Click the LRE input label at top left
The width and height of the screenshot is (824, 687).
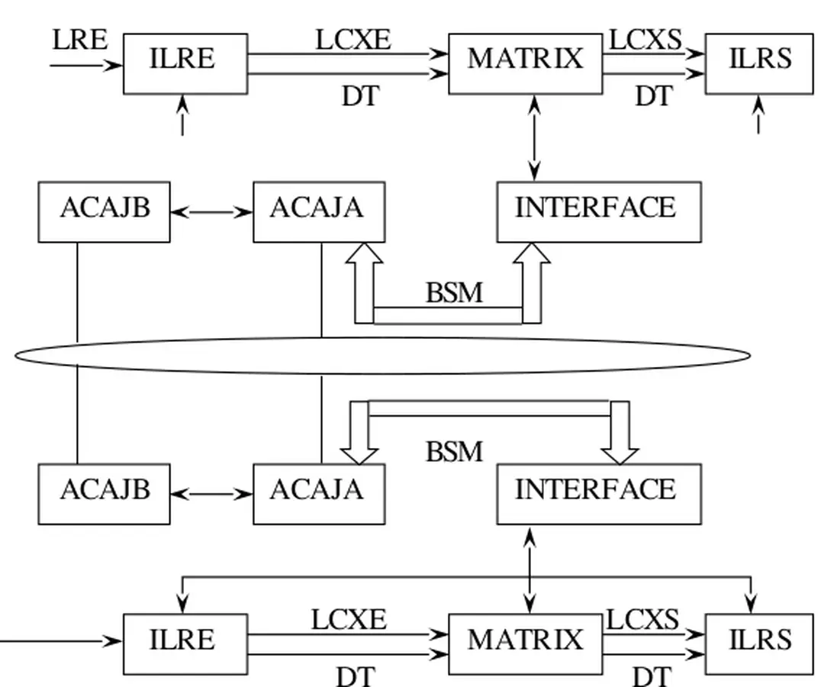[79, 40]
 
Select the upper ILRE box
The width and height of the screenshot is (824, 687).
[185, 63]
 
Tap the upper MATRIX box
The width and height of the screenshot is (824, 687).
[525, 63]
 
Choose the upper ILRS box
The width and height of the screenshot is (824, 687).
[759, 63]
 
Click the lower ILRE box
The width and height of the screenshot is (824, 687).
[185, 643]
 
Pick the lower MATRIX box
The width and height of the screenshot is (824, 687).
[525, 643]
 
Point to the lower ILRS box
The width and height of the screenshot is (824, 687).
[759, 643]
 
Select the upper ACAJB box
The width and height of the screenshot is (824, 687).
[105, 211]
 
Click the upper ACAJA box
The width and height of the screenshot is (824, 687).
[319, 211]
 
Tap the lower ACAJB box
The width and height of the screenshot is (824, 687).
[105, 493]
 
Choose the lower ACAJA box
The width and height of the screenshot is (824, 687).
[319, 493]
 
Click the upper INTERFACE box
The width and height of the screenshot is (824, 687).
[599, 211]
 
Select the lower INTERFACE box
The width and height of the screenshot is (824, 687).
[599, 493]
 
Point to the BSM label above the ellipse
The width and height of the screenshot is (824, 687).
[454, 292]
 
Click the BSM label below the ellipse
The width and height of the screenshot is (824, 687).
[454, 452]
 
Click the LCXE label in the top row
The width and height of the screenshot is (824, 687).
[352, 40]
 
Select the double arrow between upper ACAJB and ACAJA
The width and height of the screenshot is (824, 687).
[211, 212]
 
